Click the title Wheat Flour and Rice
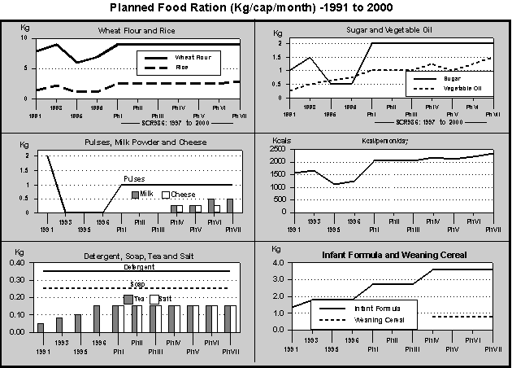pyautogui.click(x=137, y=31)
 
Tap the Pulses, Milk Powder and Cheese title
pyautogui.click(x=133, y=142)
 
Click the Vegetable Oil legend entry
pyautogui.click(x=462, y=87)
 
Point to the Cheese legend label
pyautogui.click(x=183, y=195)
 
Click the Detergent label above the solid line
pyautogui.click(x=133, y=267)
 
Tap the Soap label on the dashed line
pyautogui.click(x=138, y=284)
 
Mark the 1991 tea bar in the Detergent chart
pyautogui.click(x=41, y=327)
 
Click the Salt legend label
pyautogui.click(x=165, y=300)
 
